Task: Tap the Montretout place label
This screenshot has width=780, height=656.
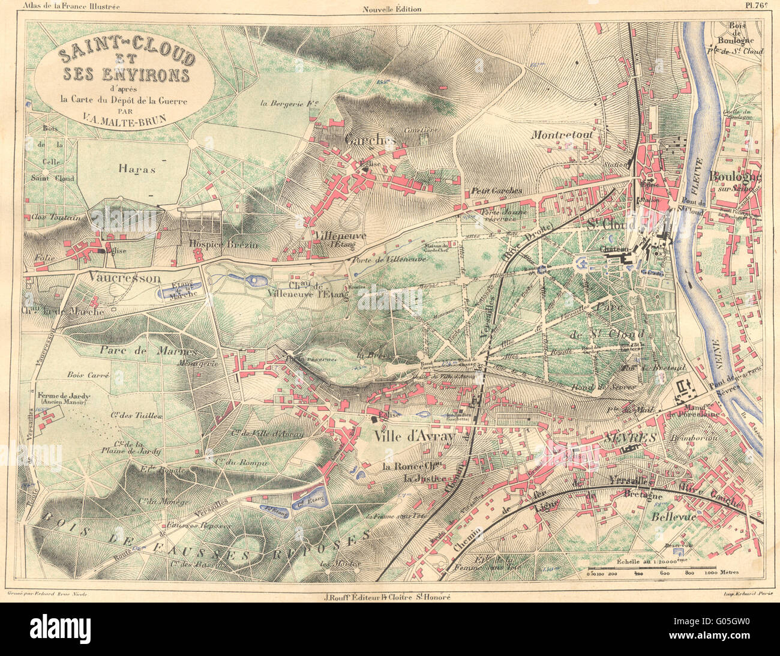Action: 562,135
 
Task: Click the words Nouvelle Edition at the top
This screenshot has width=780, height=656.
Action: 392,8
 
